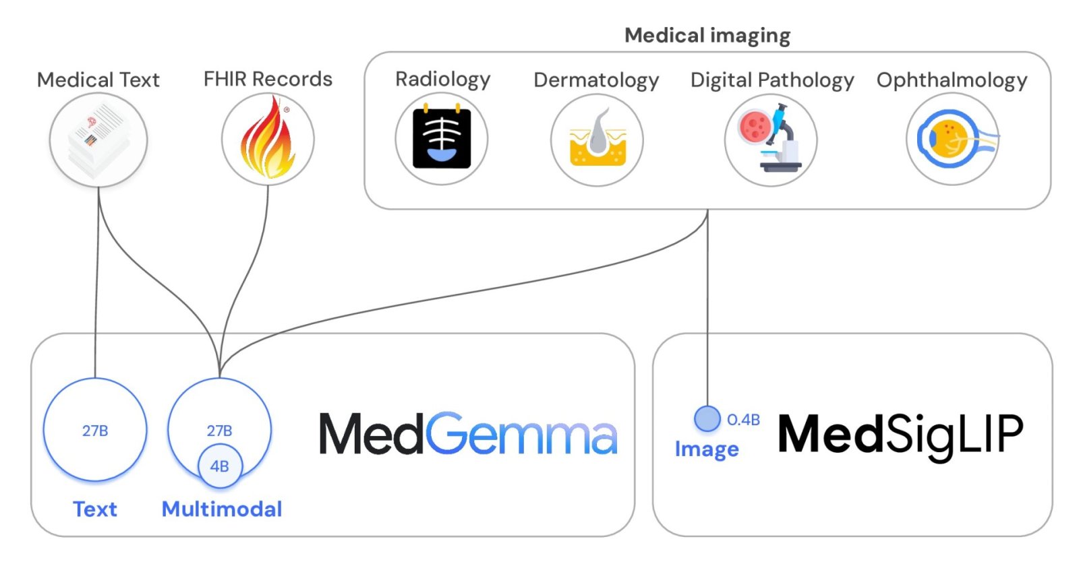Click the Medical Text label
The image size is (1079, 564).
[x=98, y=80]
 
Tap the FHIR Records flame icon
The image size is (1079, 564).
[x=268, y=139]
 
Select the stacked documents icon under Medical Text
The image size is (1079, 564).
[x=98, y=139]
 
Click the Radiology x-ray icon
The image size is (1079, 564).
[x=442, y=139]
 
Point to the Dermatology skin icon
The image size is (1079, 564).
[x=597, y=139]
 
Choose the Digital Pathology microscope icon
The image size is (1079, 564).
[x=771, y=139]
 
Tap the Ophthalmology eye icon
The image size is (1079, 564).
[x=952, y=139]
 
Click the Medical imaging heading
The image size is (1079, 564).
[x=707, y=35]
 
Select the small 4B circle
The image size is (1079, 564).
[x=220, y=466]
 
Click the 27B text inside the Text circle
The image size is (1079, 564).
[x=95, y=431]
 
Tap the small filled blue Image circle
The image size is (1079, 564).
[x=707, y=418]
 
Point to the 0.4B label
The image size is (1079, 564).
[x=743, y=420]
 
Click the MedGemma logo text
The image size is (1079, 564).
[x=468, y=435]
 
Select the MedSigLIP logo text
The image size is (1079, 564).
[x=900, y=435]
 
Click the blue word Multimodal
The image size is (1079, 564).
[x=222, y=509]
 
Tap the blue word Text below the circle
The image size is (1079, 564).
[x=95, y=509]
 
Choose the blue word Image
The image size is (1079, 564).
[x=707, y=449]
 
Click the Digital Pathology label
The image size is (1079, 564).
[x=772, y=80]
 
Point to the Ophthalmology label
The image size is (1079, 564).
[x=952, y=80]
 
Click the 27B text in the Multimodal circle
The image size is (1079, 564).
[x=220, y=431]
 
